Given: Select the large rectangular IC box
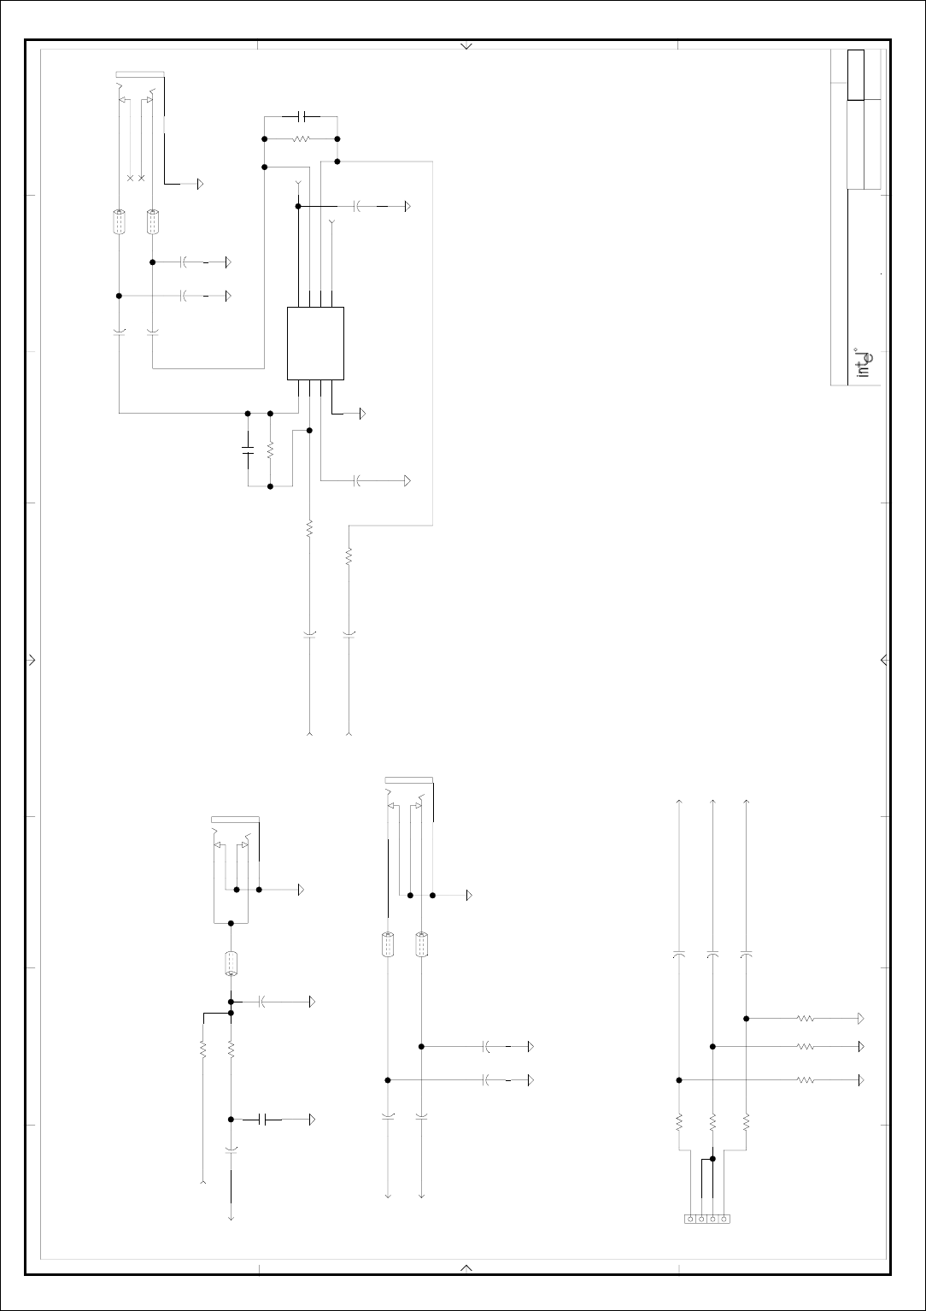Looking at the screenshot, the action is coord(315,343).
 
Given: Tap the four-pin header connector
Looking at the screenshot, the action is coord(707,1219).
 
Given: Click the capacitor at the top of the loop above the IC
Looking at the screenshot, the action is coord(300,115).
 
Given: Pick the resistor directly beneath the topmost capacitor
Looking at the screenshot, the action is coord(301,138).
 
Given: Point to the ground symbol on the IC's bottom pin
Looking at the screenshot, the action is coord(362,414).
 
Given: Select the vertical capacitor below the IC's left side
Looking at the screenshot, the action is coord(248,450).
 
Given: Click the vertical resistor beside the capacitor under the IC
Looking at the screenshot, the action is coord(270,450).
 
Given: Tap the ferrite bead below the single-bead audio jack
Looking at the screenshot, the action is coord(231,963).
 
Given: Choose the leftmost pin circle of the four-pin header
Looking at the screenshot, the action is coord(690,1219).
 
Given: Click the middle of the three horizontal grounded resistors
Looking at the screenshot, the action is coord(806,1046).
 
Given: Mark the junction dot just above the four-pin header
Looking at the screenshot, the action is coord(712,1159).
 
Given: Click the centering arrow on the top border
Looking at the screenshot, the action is coord(466,46).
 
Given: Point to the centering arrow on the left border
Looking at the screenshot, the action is coord(32,660).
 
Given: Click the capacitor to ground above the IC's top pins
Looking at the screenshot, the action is coord(358,206).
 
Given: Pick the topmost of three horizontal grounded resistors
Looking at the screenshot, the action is coord(806,1019).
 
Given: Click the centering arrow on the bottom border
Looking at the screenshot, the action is coord(466,1267).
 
